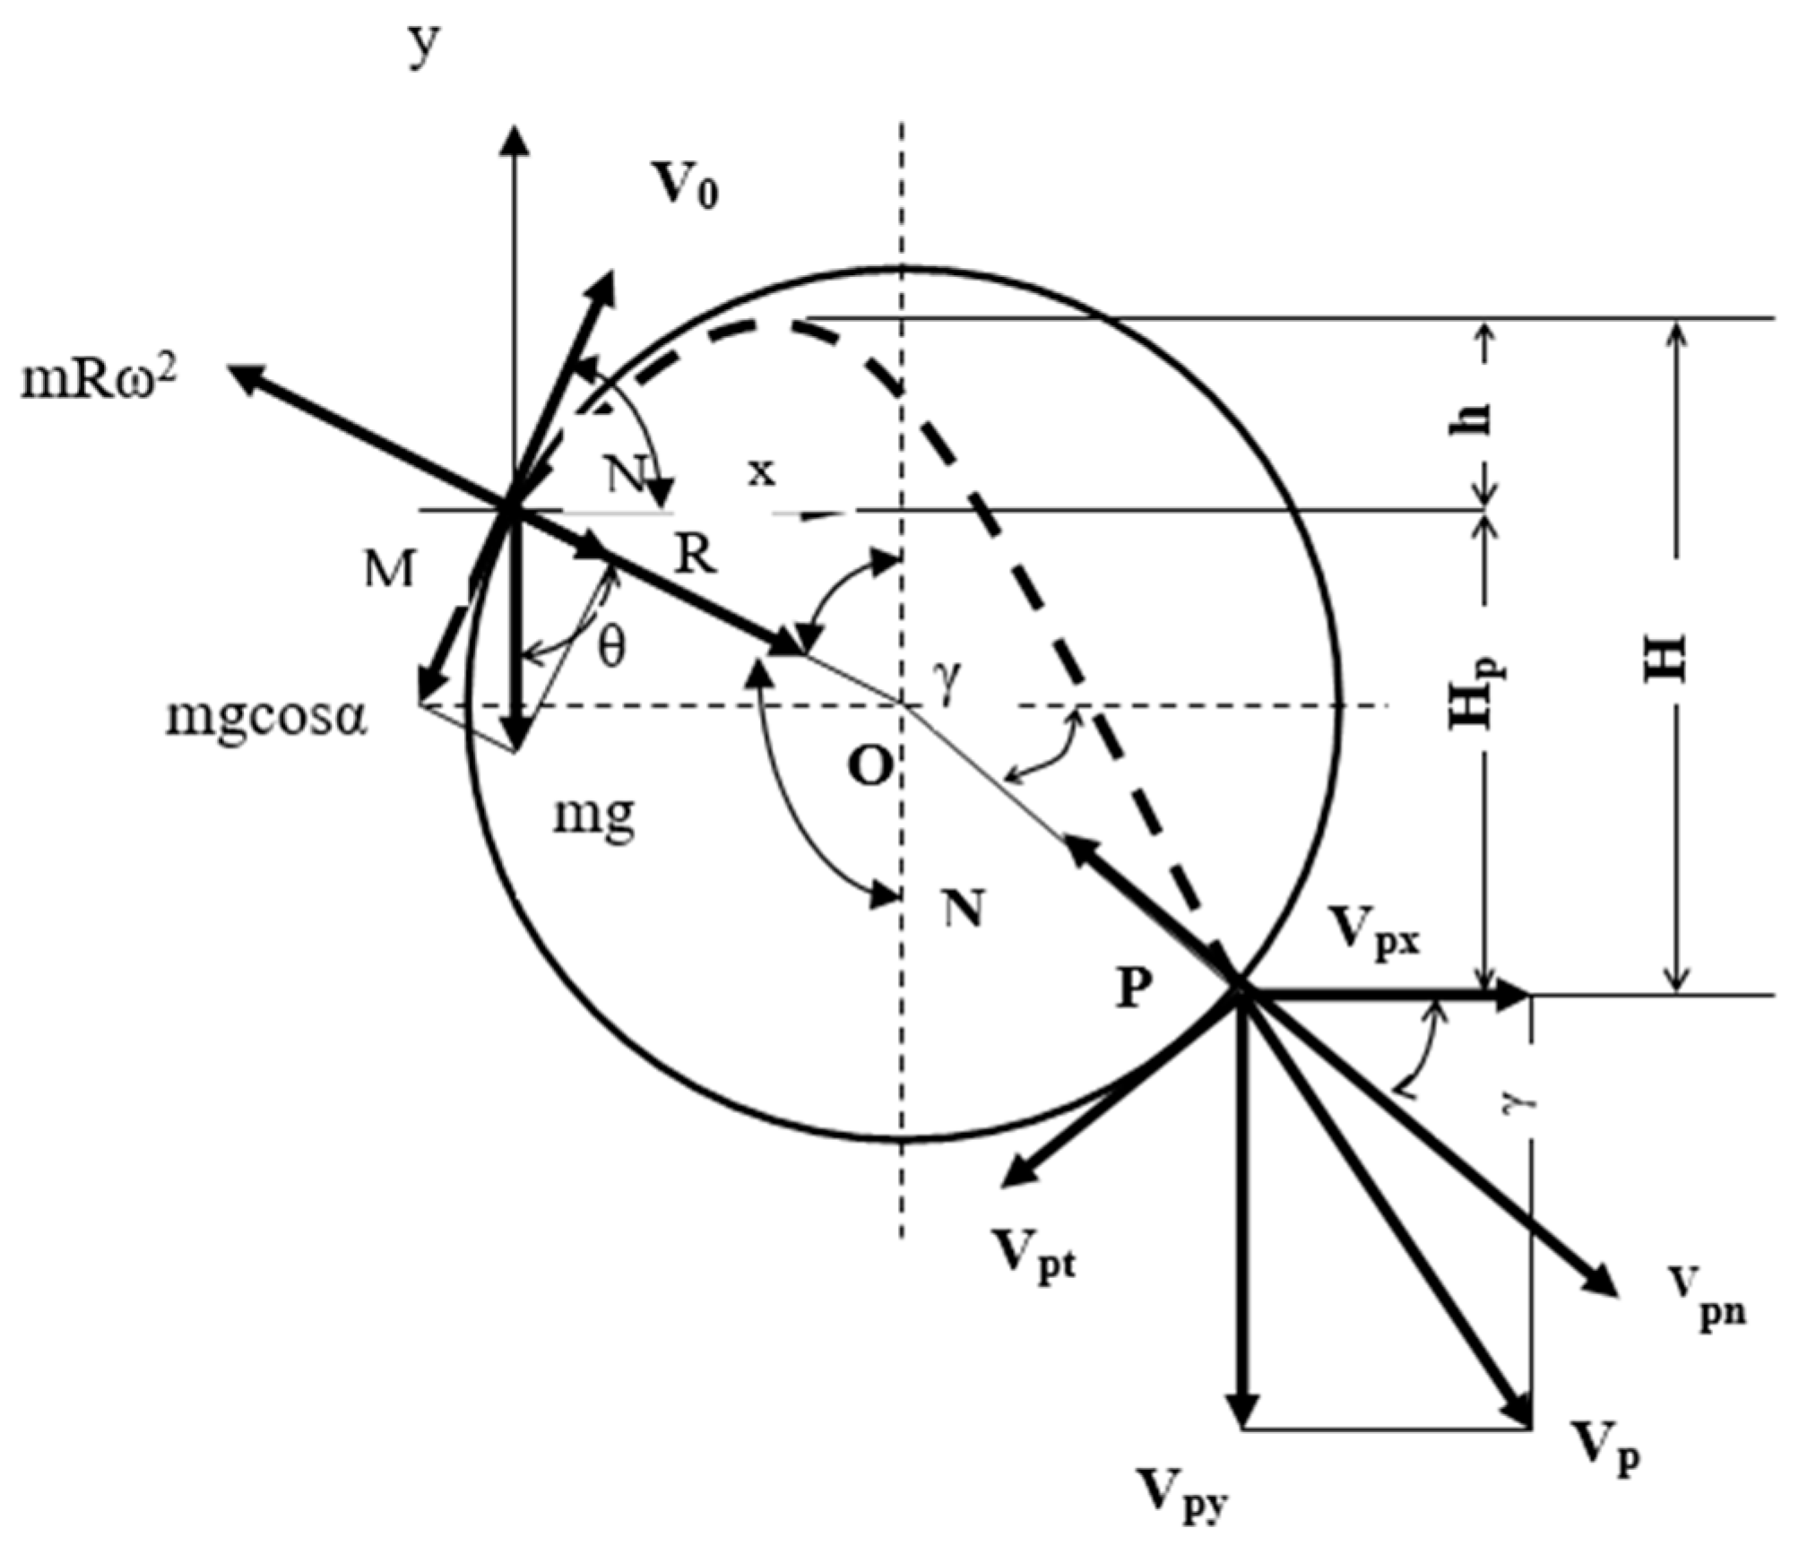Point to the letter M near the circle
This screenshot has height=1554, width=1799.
pyautogui.click(x=389, y=568)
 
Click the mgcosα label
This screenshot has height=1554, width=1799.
pyautogui.click(x=266, y=717)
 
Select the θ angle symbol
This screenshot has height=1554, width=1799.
pyautogui.click(x=611, y=647)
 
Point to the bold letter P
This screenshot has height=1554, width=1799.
pyautogui.click(x=1134, y=989)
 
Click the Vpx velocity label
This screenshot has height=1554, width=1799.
pyautogui.click(x=1374, y=933)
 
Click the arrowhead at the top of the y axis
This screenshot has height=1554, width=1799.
pyautogui.click(x=515, y=139)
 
